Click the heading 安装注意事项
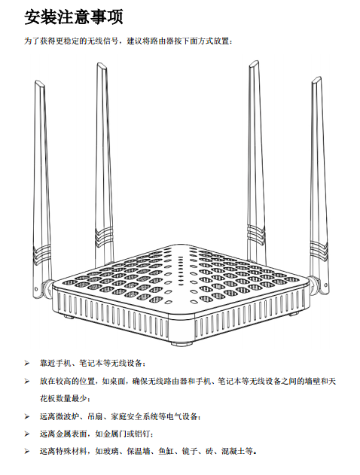(x=74, y=17)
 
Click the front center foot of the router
(x=182, y=343)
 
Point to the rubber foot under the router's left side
(x=69, y=317)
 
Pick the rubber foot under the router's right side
(x=293, y=314)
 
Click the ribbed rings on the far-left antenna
(x=42, y=253)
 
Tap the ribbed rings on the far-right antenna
(x=319, y=247)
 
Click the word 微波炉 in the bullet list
(x=67, y=416)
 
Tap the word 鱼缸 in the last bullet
(x=166, y=452)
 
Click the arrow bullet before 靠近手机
(x=27, y=364)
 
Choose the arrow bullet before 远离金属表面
(x=27, y=434)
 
